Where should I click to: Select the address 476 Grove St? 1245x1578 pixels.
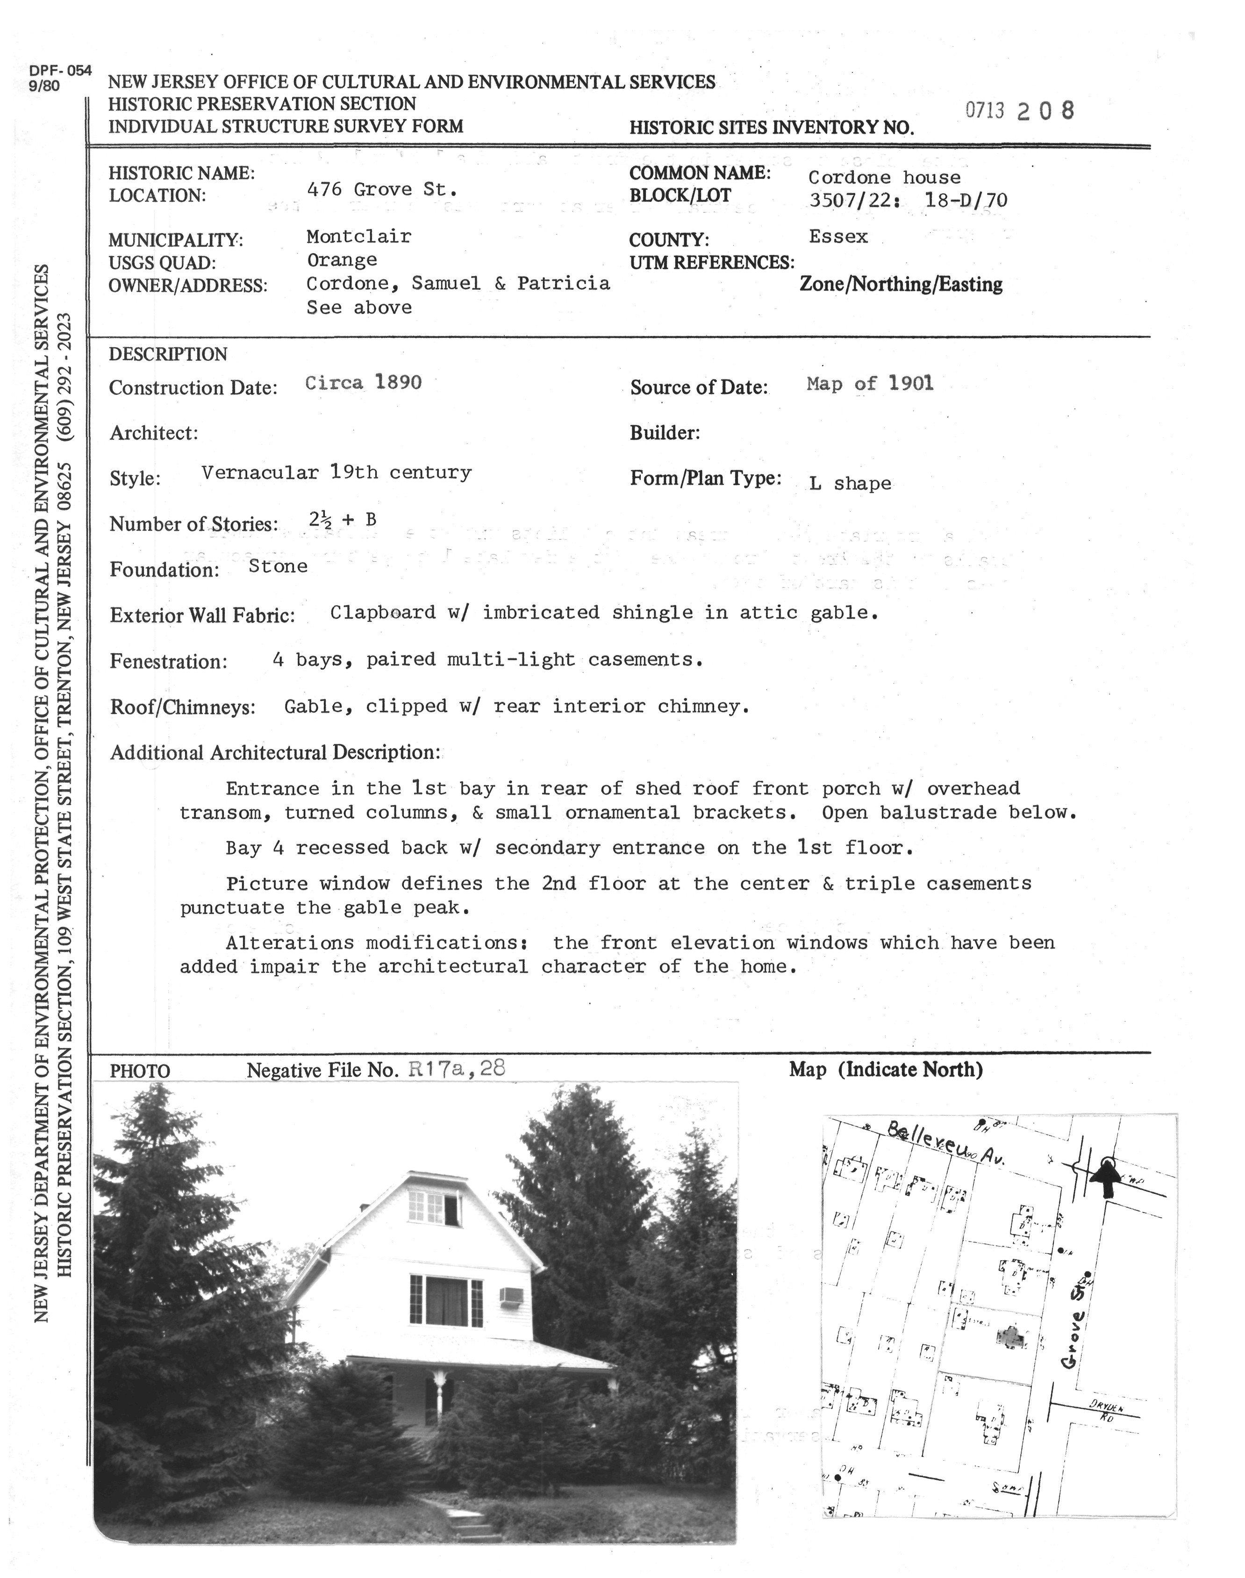click(x=382, y=190)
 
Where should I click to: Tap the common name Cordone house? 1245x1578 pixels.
click(x=884, y=177)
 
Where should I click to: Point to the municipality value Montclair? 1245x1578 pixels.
click(x=358, y=237)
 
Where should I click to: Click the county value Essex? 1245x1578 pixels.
click(x=838, y=237)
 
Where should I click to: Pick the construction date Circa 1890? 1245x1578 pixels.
click(x=363, y=383)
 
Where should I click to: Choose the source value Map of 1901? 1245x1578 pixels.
click(x=870, y=384)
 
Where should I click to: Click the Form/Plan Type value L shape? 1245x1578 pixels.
click(x=850, y=483)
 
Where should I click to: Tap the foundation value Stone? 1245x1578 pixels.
click(x=278, y=566)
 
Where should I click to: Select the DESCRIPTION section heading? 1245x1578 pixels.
click(x=168, y=355)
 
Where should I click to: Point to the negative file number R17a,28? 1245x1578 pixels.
click(x=456, y=1069)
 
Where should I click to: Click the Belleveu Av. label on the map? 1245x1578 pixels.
click(x=945, y=1147)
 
